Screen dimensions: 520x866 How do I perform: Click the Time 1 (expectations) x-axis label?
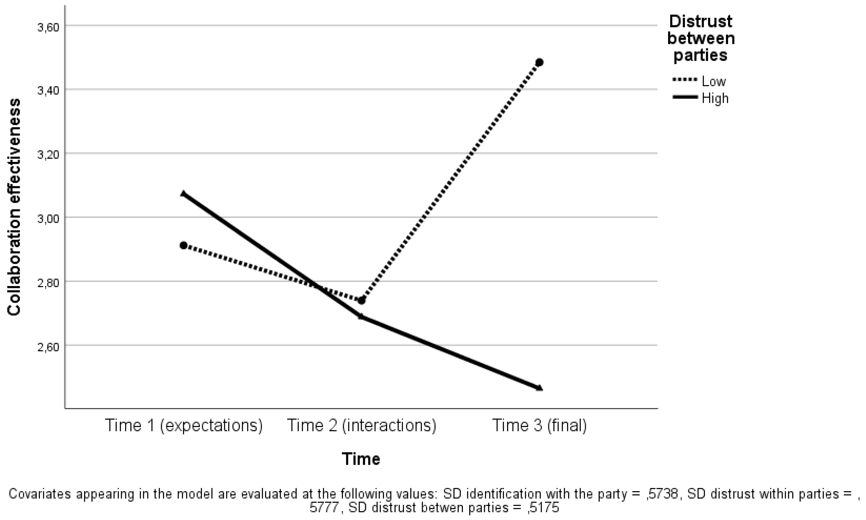tap(183, 426)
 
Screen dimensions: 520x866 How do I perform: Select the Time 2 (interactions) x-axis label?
tap(362, 426)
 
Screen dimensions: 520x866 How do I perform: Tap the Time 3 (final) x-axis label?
tap(540, 426)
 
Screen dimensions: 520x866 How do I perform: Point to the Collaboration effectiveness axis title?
tap(14, 207)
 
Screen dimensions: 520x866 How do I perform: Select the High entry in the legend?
tap(715, 99)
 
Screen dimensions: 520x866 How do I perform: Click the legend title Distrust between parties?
tap(701, 39)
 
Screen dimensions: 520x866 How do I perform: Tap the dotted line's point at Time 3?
tap(540, 62)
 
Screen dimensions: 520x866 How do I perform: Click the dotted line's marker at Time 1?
tap(183, 245)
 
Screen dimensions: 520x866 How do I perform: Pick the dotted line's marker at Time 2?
tap(362, 300)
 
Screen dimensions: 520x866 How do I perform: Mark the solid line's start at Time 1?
tap(183, 194)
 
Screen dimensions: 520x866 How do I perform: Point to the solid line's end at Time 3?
tap(540, 388)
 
